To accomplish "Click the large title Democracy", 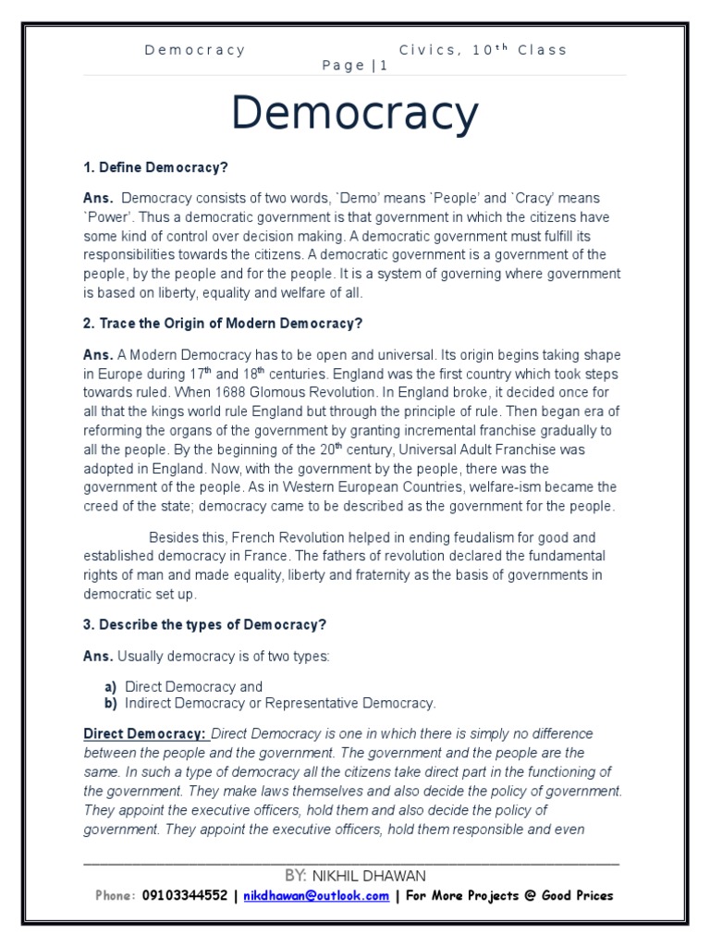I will tap(355, 115).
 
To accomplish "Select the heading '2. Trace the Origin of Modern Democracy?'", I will tap(222, 323).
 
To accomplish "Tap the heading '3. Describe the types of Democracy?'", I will tap(205, 624).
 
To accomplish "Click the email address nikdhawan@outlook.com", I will tap(316, 895).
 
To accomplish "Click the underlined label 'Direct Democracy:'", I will tap(145, 733).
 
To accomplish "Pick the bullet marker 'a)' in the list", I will tap(111, 686).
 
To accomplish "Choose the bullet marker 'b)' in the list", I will tap(111, 703).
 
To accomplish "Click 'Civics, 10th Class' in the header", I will tap(484, 50).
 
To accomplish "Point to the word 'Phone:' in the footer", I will tap(116, 895).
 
